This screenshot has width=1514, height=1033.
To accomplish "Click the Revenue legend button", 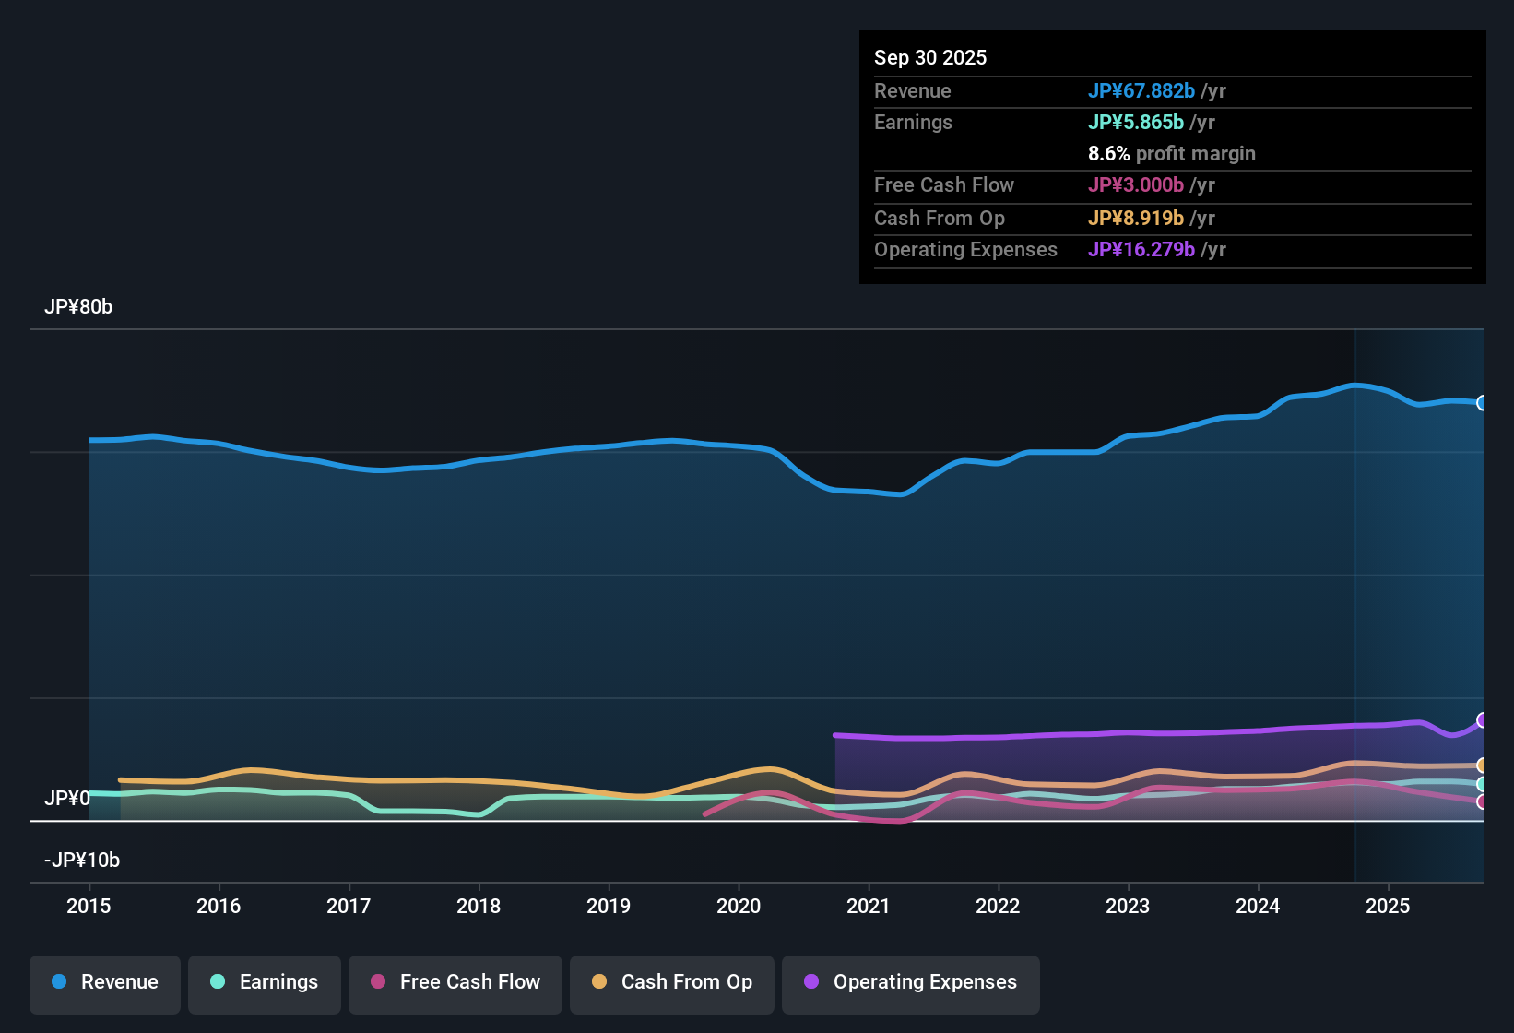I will coord(105,982).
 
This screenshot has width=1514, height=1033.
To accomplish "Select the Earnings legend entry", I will coord(265,982).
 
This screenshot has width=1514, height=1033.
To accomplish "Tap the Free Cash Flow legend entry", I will coord(455,982).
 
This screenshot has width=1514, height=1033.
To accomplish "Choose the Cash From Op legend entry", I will coord(672,982).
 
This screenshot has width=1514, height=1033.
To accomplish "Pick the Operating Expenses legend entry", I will coord(911,982).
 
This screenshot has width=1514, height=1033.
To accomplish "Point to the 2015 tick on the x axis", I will coord(89,906).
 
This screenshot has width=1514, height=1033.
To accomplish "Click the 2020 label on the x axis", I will coord(739,906).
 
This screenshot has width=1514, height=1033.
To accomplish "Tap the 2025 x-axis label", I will coord(1388,906).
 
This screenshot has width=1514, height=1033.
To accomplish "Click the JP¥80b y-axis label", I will coord(78,307).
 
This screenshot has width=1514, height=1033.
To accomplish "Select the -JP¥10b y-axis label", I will coord(82,861).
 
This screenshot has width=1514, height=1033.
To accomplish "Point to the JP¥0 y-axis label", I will coord(67,798).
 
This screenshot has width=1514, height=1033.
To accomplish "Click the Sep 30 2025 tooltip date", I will coord(930,58).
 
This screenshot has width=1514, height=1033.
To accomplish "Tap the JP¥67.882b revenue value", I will coord(1141,91).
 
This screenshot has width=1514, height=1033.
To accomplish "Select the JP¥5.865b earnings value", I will coord(1135,123).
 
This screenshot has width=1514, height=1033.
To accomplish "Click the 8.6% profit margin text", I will coord(1171,154).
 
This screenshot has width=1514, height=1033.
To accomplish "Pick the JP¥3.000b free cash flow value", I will coord(1135,185).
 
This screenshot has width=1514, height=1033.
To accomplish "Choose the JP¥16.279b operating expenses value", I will coord(1141,250).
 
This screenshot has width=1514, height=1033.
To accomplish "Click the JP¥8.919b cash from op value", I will coord(1135,219).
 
